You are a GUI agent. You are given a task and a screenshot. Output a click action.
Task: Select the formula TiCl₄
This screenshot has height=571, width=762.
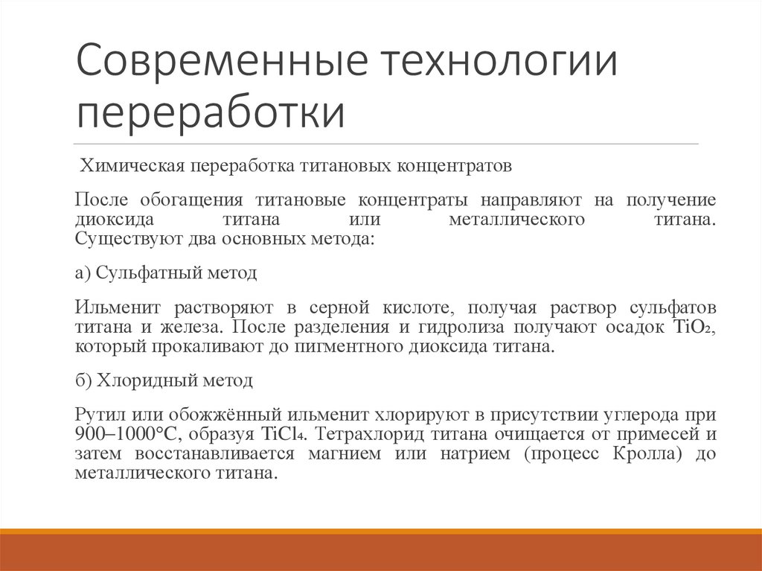tap(278, 435)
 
